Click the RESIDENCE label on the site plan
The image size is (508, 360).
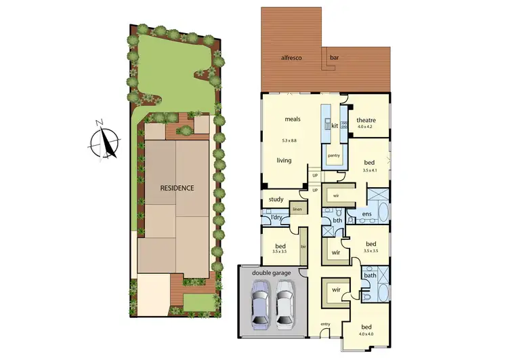(x=177, y=188)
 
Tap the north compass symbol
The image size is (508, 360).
(x=105, y=142)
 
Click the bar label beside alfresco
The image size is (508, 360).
(x=334, y=58)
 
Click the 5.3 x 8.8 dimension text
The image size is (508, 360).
(x=293, y=140)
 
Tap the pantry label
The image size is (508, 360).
(x=333, y=155)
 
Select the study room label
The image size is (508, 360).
(x=276, y=199)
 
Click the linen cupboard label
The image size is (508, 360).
(x=297, y=209)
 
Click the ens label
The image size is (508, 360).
(x=366, y=215)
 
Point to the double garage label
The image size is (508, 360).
(x=272, y=273)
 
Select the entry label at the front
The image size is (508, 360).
(x=325, y=323)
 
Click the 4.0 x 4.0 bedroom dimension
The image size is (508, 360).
(x=366, y=334)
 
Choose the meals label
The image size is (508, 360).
(x=293, y=119)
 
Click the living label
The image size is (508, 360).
(x=284, y=161)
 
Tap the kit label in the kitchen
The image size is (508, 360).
(x=335, y=125)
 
